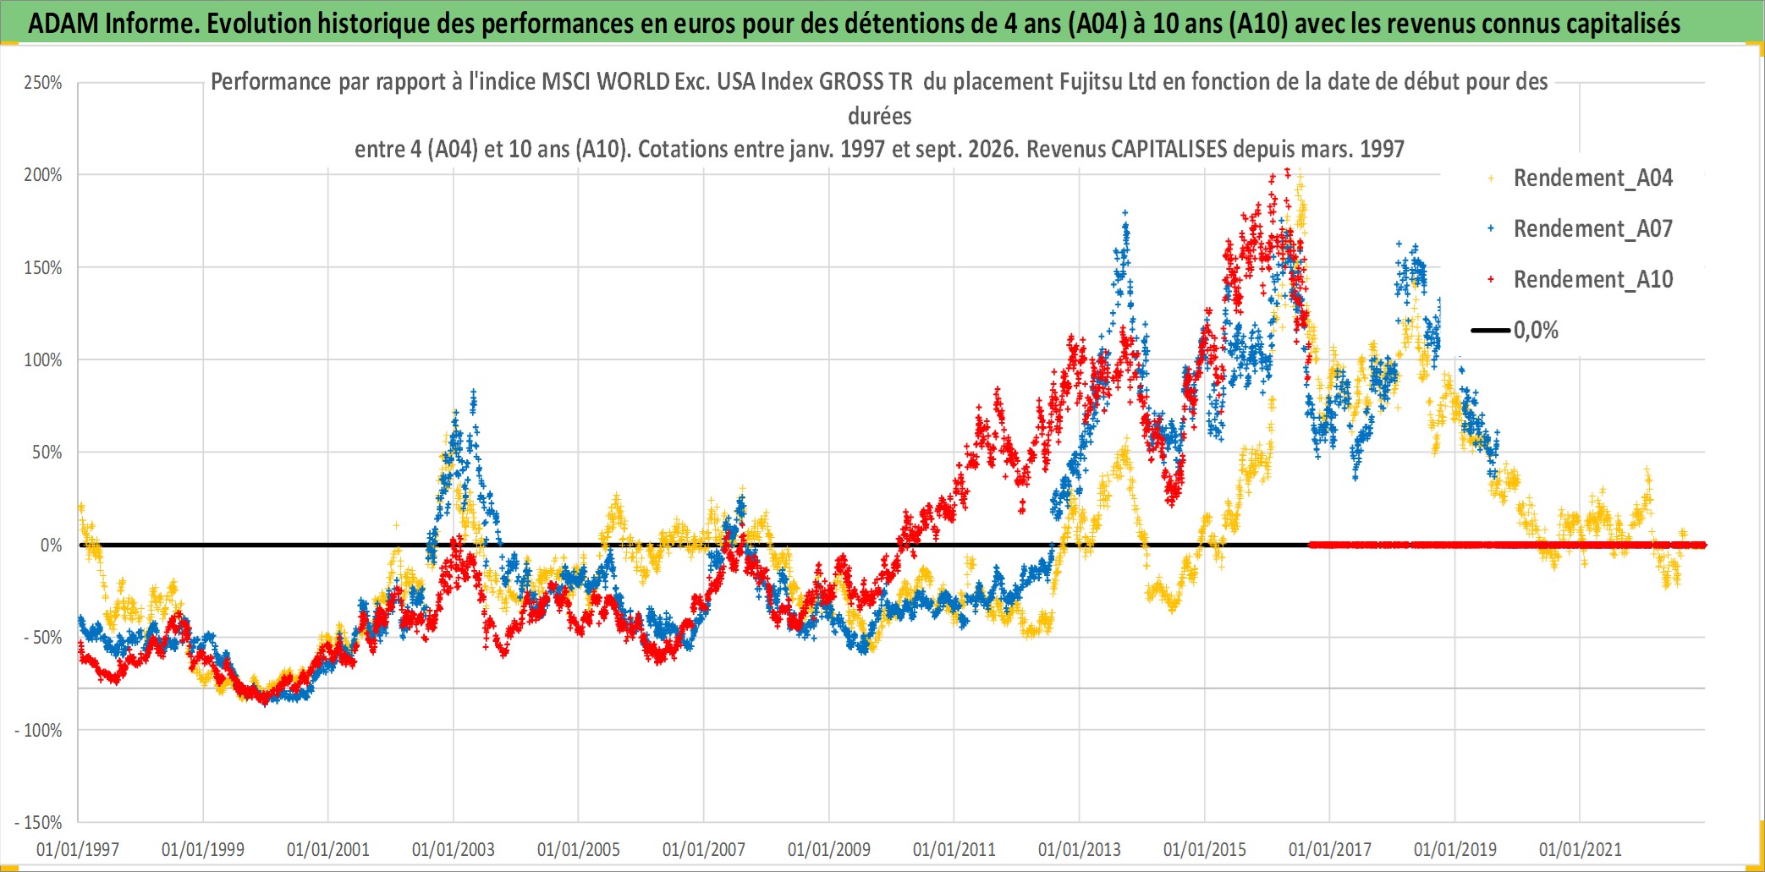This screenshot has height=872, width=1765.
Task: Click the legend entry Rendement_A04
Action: [x=1592, y=178]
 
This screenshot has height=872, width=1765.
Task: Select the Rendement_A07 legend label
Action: [x=1592, y=229]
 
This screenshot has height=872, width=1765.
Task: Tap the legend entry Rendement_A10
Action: [x=1592, y=280]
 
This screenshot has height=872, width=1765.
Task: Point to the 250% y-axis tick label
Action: [x=43, y=83]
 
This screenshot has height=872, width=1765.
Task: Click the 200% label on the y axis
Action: [x=43, y=175]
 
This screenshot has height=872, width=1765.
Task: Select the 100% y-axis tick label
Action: [x=43, y=360]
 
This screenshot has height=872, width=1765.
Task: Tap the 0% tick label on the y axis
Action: [x=52, y=546]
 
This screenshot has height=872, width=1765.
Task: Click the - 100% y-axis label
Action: [x=39, y=731]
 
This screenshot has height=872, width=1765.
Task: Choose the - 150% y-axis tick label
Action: [x=39, y=823]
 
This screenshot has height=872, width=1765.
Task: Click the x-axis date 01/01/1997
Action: [x=78, y=849]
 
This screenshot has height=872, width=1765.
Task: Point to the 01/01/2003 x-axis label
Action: [x=454, y=849]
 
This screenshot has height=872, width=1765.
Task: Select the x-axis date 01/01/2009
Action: [x=829, y=849]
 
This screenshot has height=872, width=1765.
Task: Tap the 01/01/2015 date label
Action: [x=1205, y=849]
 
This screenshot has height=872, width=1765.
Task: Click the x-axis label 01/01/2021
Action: [x=1581, y=849]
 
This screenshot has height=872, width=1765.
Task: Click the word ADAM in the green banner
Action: [x=63, y=24]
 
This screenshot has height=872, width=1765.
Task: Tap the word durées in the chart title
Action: [x=880, y=116]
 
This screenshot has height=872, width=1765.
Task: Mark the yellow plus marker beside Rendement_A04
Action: [x=1491, y=178]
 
